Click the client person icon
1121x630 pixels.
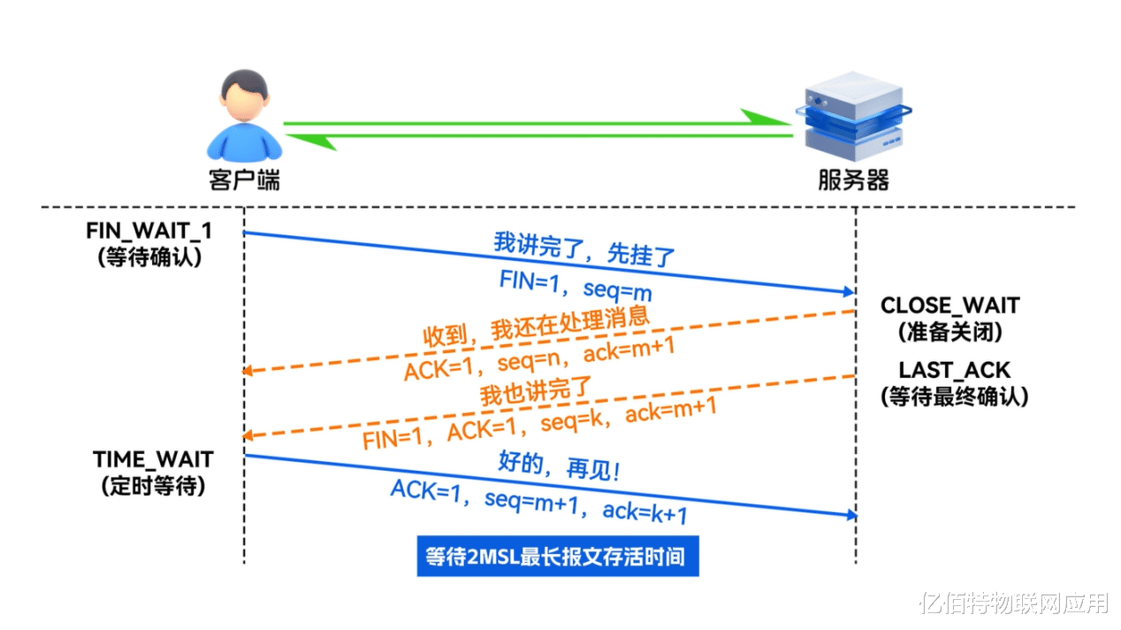coord(244,115)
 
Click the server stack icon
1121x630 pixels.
coord(854,116)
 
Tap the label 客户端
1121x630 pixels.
coord(244,180)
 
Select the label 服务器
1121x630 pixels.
coord(854,180)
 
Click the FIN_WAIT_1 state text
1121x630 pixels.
coord(149,231)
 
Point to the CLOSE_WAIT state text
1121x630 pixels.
coord(949,305)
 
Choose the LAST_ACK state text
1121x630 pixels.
coord(954,371)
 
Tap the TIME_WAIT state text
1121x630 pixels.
coord(153,459)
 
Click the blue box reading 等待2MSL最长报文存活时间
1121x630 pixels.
coord(558,557)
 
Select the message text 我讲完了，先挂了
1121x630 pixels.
coord(584,250)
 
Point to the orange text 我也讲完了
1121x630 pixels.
coord(536,391)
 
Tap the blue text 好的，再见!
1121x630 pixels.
coord(560,466)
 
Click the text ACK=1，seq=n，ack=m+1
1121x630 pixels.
coord(539,358)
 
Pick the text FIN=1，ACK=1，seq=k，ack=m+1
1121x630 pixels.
coord(539,424)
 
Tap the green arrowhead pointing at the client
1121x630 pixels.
coord(310,142)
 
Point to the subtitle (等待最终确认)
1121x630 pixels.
coord(954,397)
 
